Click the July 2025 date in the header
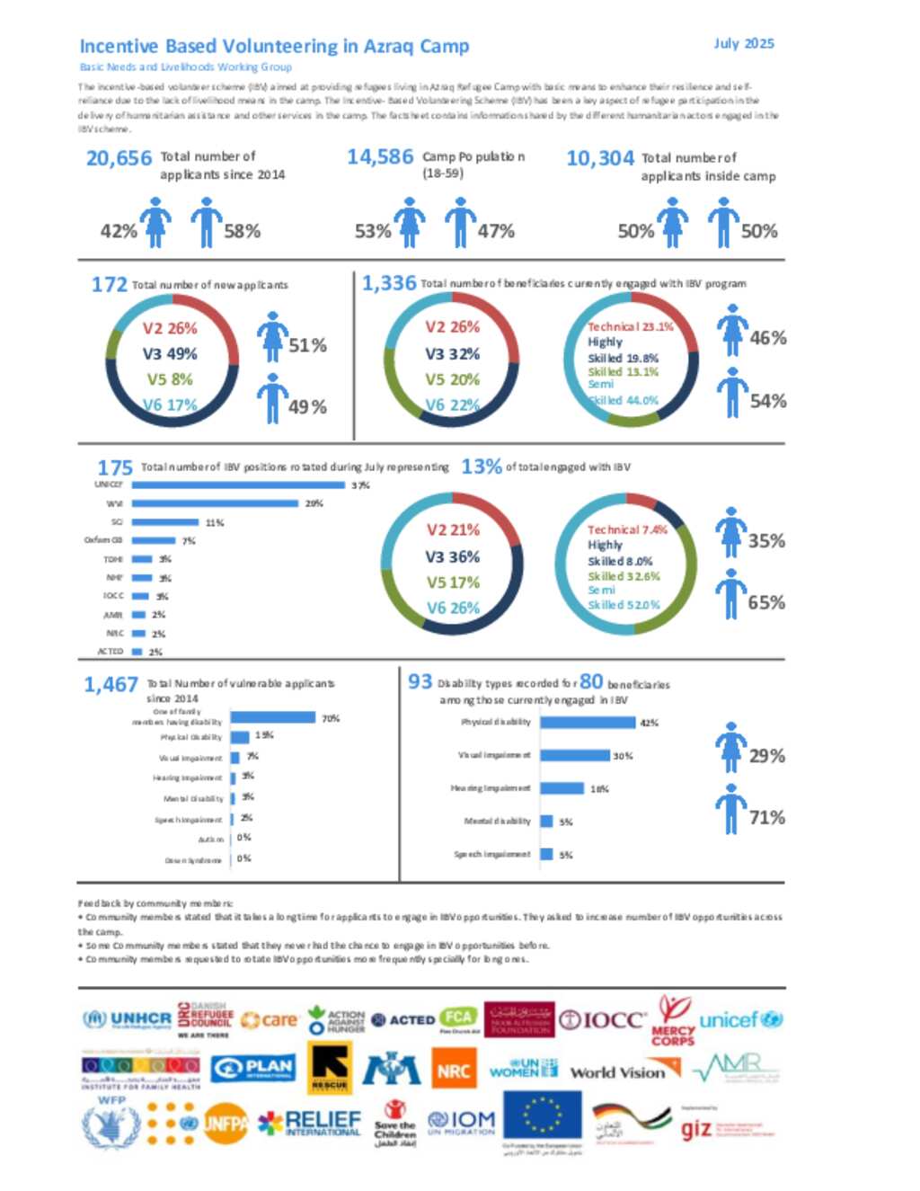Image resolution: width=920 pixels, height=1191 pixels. pos(743,43)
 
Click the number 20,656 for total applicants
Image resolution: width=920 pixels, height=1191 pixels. pos(119,158)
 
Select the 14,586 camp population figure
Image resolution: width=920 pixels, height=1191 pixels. pos(380,157)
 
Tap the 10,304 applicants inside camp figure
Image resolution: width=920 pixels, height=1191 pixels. pos(600,158)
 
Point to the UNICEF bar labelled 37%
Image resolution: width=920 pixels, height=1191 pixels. pos(238,485)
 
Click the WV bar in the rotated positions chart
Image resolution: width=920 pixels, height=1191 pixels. pos(215,503)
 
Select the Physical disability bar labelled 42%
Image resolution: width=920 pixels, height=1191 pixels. pos(588,722)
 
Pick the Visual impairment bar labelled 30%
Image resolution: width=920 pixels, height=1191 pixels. pos(575,755)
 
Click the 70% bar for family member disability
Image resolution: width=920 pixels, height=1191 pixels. pos(273,717)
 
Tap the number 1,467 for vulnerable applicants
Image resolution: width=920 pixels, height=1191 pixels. pos(111,685)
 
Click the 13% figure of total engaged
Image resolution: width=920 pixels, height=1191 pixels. pos(482,467)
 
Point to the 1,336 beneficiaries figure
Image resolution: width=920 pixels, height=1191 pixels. pos(389,283)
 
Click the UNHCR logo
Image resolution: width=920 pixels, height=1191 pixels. pos(127,1019)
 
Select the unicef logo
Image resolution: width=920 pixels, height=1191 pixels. pos(741,1019)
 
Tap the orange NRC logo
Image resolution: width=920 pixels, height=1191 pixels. pos(454,1071)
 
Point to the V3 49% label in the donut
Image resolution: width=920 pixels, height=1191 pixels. pos(170,353)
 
